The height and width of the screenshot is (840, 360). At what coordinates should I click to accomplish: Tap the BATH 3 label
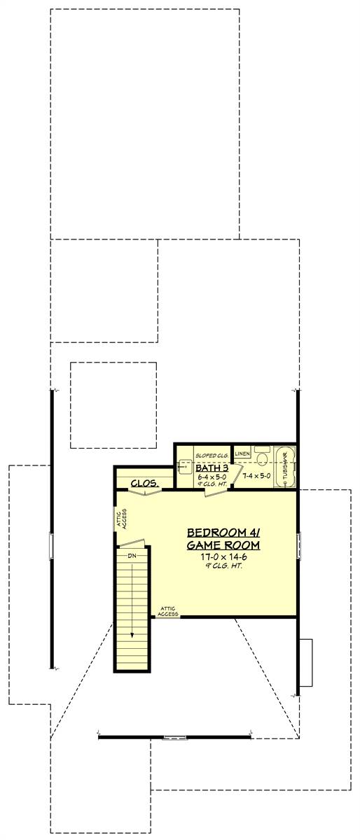click(212, 468)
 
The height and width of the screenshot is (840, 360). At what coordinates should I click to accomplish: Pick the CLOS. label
click(144, 483)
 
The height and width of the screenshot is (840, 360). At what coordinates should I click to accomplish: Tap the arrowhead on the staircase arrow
click(131, 636)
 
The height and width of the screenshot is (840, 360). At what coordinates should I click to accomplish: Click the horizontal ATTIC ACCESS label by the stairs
click(169, 611)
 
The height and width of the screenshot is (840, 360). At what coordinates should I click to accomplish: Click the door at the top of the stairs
click(134, 543)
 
